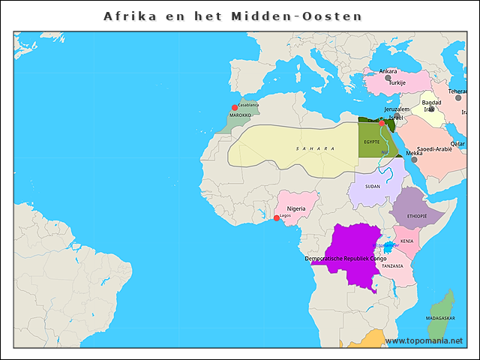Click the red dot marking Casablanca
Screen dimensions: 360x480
tap(235, 107)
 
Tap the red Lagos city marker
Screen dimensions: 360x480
tap(276, 217)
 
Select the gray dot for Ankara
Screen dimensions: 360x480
tap(388, 77)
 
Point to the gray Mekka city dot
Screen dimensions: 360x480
tap(414, 159)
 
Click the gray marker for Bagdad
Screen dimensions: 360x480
tap(431, 109)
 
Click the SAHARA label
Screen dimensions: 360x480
tap(315, 148)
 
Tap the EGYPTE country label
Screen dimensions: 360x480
tap(371, 141)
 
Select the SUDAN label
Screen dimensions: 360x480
tap(372, 186)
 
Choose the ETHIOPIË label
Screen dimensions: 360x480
tap(417, 215)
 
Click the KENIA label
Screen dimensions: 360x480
tap(406, 241)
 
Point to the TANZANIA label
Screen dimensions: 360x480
tap(391, 266)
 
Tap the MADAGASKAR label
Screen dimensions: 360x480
tap(440, 318)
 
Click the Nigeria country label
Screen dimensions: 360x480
tap(296, 208)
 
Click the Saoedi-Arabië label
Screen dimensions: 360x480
tap(434, 149)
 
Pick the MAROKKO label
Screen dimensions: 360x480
tap(240, 116)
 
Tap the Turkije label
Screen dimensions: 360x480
tap(397, 82)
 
